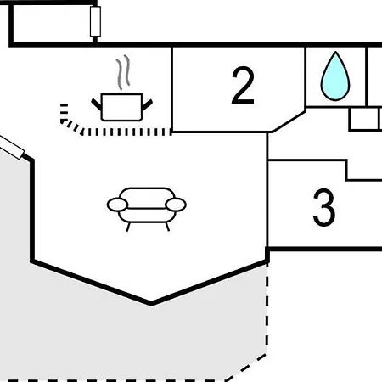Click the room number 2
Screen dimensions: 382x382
pyautogui.click(x=243, y=86)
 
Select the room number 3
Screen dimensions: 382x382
pyautogui.click(x=324, y=207)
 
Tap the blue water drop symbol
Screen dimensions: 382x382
pyautogui.click(x=335, y=76)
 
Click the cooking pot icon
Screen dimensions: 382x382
pyautogui.click(x=121, y=107)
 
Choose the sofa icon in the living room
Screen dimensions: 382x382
pyautogui.click(x=147, y=209)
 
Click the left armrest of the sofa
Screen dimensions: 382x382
pyautogui.click(x=117, y=205)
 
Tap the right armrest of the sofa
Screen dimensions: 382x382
pyautogui.click(x=176, y=205)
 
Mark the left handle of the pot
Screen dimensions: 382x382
pyautogui.click(x=97, y=104)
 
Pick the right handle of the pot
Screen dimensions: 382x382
pyautogui.click(x=147, y=104)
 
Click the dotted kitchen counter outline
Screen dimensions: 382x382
pyautogui.click(x=113, y=132)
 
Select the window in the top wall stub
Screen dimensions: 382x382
pyautogui.click(x=95, y=21)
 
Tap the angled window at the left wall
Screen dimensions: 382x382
pyautogui.click(x=12, y=147)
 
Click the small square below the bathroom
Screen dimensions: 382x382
pyautogui.click(x=364, y=119)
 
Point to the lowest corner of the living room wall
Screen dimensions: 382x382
pyautogui.click(x=151, y=304)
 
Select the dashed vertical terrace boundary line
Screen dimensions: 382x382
pyautogui.click(x=267, y=308)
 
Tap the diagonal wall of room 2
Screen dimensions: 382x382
pyautogui.click(x=289, y=121)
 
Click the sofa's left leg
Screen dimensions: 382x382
pyautogui.click(x=129, y=227)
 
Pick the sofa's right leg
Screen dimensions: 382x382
pyautogui.click(x=167, y=227)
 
